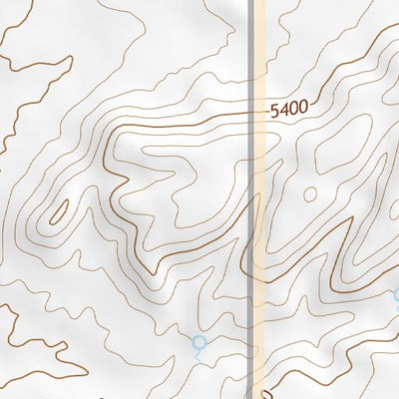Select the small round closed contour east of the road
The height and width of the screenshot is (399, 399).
click(310, 192)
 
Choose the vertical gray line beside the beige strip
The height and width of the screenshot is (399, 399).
click(249, 199)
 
